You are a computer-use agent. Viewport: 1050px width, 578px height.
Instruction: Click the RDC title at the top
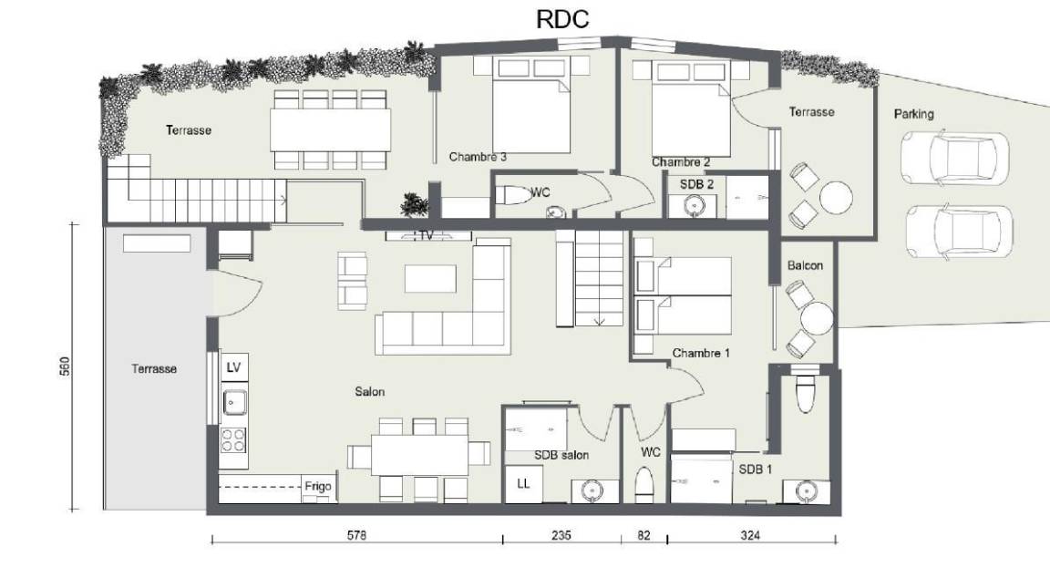[x=562, y=19]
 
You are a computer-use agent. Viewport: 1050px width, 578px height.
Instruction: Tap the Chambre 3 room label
[x=478, y=157]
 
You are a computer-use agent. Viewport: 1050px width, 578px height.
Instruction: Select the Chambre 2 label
[x=681, y=162]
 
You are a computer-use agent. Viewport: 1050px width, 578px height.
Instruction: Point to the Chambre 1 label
[x=701, y=353]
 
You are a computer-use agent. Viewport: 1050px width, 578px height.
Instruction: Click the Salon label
[x=370, y=391]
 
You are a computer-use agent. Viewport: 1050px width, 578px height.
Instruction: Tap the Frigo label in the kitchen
[x=318, y=486]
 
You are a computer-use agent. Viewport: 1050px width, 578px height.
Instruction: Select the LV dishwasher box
[x=233, y=367]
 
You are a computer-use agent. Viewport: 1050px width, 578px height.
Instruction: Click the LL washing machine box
[x=524, y=483]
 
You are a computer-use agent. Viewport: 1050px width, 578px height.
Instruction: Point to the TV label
[x=427, y=236]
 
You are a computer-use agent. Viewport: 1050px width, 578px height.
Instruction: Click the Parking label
[x=913, y=114]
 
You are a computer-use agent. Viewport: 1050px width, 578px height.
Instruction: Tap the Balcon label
[x=805, y=265]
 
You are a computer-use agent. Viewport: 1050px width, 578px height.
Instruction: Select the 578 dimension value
[x=357, y=535]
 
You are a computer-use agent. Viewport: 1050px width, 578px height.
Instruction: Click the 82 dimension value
[x=643, y=535]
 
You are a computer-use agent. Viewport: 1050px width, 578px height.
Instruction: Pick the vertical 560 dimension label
[x=65, y=366]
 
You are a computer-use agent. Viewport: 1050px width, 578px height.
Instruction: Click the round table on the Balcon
[x=817, y=318]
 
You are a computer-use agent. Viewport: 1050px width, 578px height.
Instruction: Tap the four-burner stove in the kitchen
[x=233, y=440]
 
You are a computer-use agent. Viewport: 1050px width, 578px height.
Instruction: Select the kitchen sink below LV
[x=233, y=403]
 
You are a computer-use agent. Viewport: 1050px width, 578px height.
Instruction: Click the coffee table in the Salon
[x=430, y=279]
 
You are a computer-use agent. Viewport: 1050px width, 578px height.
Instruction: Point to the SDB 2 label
[x=696, y=184]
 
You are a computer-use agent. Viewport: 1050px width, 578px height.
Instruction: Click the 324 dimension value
[x=751, y=535]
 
